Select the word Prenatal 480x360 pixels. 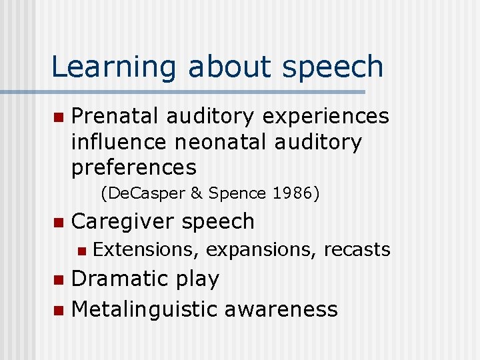point(115,116)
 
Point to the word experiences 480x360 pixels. point(325,116)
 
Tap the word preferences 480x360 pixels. point(134,167)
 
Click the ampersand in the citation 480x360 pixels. point(196,193)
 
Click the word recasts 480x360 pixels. point(357,249)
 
